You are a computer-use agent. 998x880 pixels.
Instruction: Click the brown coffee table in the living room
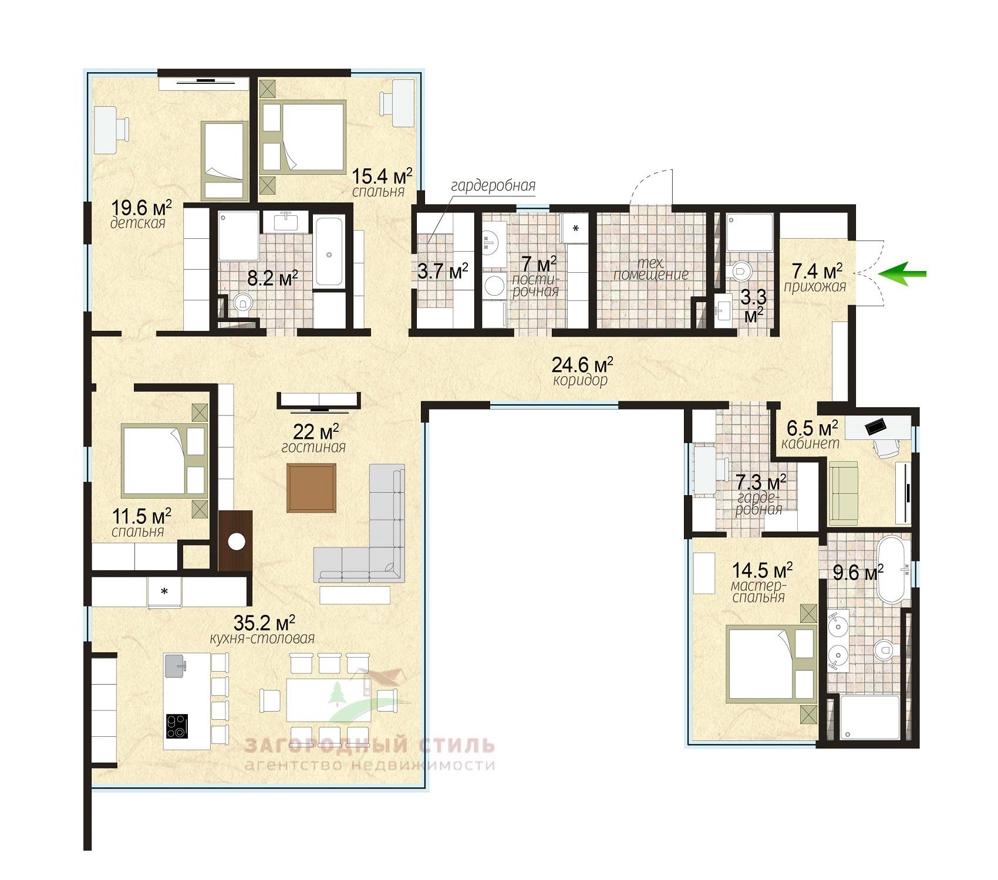click(x=311, y=488)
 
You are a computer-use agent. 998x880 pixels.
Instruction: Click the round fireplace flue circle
click(x=236, y=541)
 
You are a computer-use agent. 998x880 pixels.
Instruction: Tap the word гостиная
click(x=313, y=447)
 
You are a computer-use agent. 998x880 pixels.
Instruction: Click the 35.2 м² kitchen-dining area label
click(x=264, y=622)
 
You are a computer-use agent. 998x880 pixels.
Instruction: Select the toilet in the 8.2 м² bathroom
click(x=241, y=304)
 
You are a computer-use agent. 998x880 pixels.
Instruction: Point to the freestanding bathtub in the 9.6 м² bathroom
click(x=893, y=568)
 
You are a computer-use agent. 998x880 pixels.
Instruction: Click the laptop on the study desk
click(x=877, y=427)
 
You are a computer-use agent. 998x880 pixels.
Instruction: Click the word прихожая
click(x=815, y=286)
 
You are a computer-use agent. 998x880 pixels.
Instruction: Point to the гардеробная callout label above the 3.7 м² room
click(x=493, y=186)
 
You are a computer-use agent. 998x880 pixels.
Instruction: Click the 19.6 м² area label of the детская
click(x=141, y=208)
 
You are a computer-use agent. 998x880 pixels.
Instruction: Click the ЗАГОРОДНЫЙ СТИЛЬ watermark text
click(x=369, y=746)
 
